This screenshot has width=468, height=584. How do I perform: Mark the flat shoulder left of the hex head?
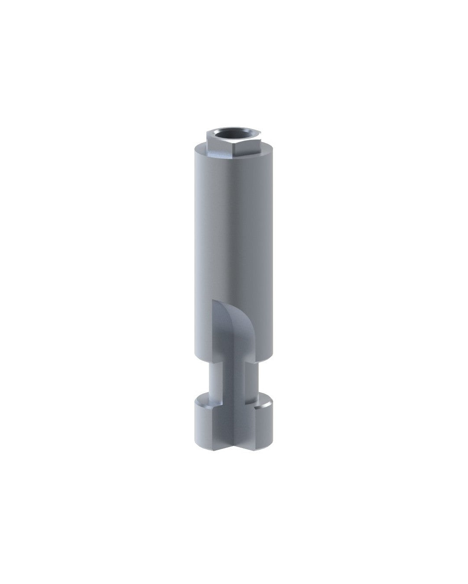click(x=199, y=146)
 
